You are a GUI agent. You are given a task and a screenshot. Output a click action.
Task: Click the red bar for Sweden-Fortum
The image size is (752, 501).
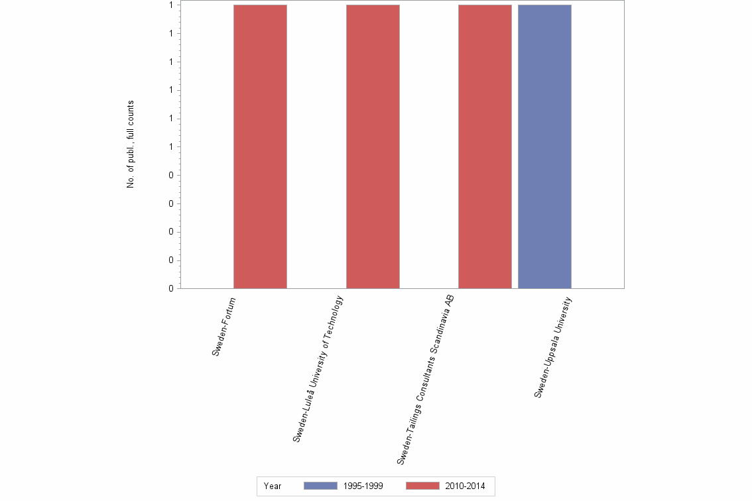[260, 146]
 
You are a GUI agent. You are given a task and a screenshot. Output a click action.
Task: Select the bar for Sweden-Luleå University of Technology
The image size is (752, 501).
[373, 146]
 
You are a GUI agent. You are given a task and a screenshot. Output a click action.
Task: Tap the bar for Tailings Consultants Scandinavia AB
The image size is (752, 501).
[485, 146]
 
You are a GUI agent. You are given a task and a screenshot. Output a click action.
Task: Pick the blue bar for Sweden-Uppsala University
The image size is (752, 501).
[544, 146]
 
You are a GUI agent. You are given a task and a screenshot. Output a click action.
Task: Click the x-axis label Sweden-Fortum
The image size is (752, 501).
[224, 327]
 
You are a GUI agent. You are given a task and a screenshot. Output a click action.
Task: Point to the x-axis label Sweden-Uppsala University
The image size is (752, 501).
[553, 347]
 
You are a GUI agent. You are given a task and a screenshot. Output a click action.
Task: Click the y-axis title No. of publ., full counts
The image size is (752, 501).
[131, 144]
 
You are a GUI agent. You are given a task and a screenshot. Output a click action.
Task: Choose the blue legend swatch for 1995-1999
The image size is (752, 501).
[320, 486]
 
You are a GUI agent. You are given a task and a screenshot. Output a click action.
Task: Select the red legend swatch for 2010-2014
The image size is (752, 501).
[422, 486]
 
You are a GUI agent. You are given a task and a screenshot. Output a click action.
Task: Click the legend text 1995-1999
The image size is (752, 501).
[363, 486]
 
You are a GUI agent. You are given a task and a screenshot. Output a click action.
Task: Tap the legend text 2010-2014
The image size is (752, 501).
[465, 486]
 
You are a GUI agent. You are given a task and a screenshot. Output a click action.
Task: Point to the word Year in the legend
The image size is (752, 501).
[273, 486]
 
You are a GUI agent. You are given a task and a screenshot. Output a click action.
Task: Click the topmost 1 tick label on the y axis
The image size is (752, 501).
[171, 5]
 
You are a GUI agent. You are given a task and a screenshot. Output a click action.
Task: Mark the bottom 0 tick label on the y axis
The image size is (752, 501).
[171, 289]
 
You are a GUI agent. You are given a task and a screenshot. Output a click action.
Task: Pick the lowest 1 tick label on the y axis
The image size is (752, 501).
[171, 147]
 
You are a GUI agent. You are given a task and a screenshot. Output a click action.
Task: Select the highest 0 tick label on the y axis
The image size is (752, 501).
[171, 176]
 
